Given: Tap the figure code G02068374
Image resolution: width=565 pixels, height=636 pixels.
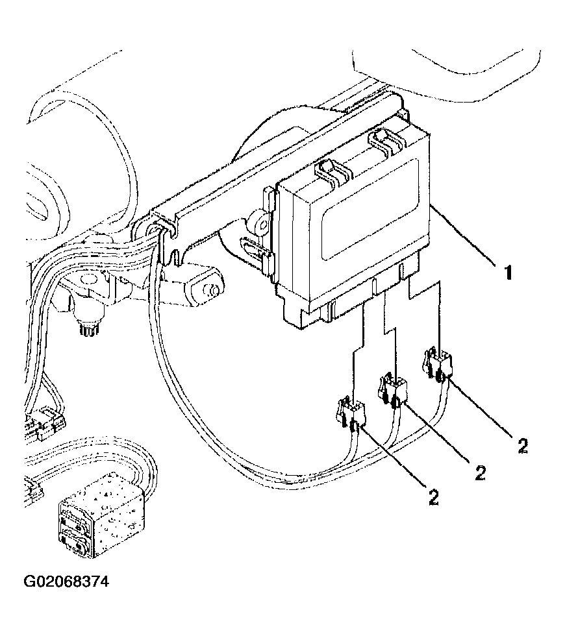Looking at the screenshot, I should coord(66,581).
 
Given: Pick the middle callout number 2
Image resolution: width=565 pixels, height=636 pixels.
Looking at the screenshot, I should coord(479,472).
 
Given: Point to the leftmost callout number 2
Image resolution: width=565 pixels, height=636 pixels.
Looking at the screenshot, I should coord(433,496).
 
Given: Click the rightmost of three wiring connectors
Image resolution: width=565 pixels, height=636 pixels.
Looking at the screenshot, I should coord(437,363).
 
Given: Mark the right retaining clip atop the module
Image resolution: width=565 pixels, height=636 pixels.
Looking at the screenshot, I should coord(383,141).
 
